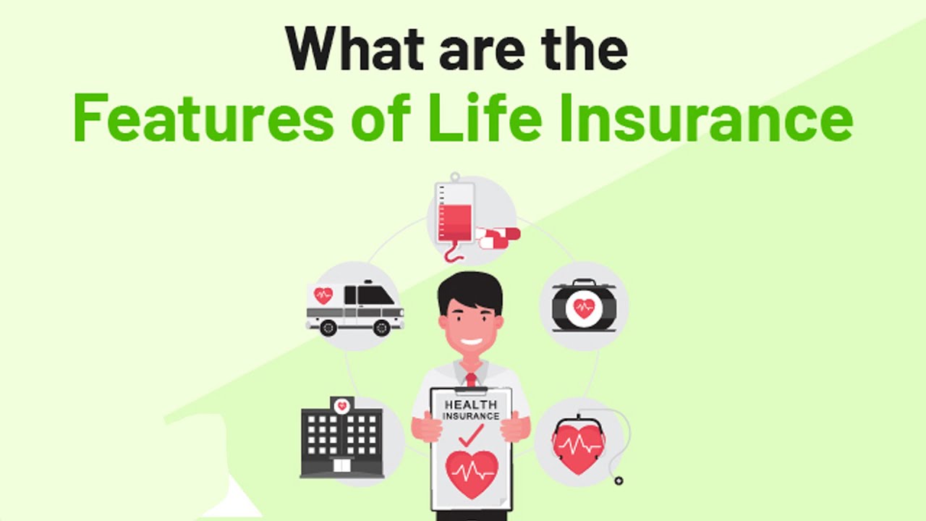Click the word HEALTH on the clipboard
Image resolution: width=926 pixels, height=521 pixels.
point(471,404)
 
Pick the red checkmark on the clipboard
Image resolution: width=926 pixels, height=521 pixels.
point(471,435)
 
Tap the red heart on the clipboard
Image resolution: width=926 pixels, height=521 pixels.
point(472,474)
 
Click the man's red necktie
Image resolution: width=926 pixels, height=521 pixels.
point(471,379)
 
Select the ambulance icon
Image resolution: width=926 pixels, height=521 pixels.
point(354,308)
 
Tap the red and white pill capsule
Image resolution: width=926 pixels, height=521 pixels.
point(498,236)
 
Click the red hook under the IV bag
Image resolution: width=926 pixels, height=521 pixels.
point(452,254)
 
